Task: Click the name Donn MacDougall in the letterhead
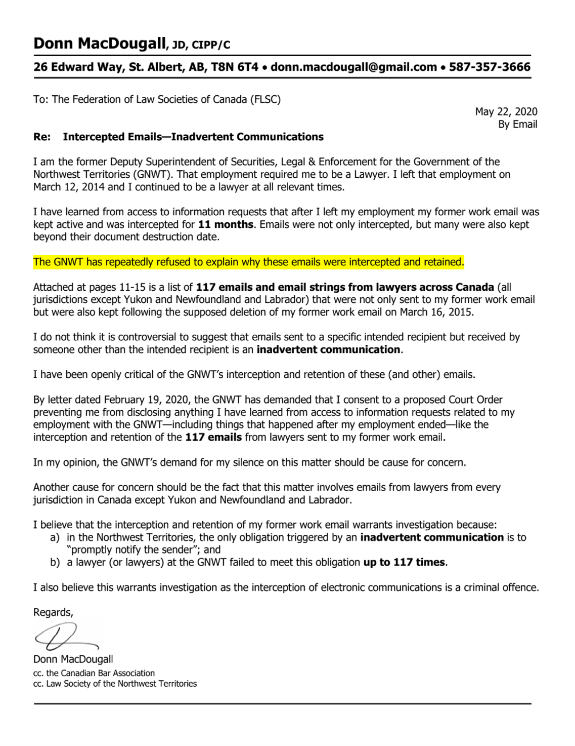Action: (100, 44)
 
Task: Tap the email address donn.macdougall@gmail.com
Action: (353, 67)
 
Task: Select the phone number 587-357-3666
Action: (490, 67)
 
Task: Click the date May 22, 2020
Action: (506, 111)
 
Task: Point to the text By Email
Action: (517, 124)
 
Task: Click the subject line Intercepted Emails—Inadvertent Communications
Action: (193, 137)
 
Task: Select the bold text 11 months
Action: (226, 224)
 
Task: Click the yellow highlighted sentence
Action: (248, 262)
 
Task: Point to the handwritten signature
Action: (65, 636)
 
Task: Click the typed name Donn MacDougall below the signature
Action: (73, 659)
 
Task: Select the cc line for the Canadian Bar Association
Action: (94, 673)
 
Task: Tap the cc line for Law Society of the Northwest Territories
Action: (115, 684)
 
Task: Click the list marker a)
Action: (55, 537)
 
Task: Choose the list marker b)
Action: (55, 562)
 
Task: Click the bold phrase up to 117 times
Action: (404, 562)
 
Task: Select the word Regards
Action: (53, 612)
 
